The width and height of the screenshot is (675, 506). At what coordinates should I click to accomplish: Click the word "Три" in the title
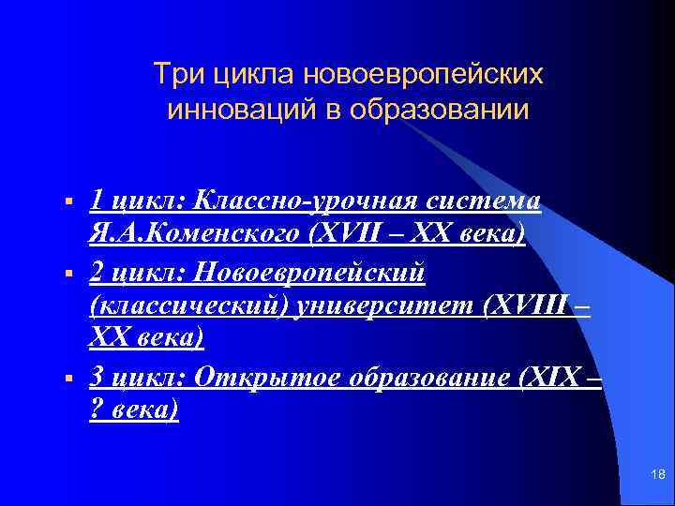[173, 72]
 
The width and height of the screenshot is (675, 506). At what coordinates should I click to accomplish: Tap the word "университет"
[387, 305]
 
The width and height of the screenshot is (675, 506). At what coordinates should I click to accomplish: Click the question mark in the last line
[96, 410]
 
